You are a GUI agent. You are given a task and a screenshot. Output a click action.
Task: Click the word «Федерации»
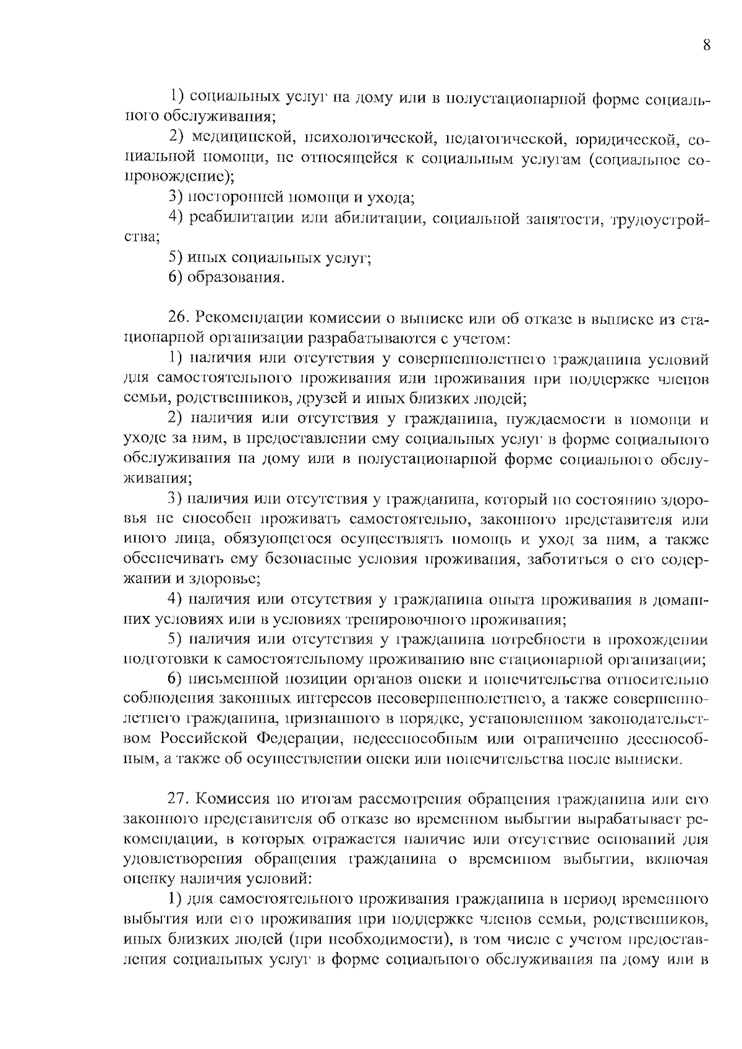pyautogui.click(x=299, y=739)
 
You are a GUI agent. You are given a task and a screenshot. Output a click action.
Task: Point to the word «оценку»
pyautogui.click(x=149, y=878)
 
